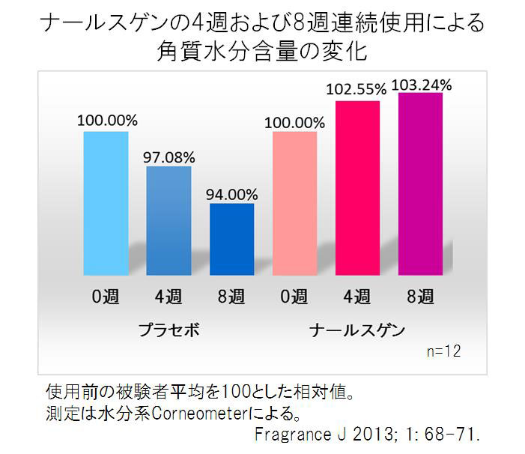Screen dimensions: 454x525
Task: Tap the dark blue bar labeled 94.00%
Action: (x=231, y=238)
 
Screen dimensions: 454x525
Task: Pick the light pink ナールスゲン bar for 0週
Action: (x=294, y=202)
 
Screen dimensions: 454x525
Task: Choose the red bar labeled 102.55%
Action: (x=357, y=187)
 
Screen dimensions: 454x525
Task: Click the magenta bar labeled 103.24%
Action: (x=420, y=184)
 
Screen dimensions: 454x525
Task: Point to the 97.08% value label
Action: (x=169, y=157)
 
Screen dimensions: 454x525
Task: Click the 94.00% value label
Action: (x=231, y=193)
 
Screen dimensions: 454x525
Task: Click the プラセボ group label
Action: (x=169, y=330)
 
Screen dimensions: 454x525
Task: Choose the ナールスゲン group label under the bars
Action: (x=357, y=330)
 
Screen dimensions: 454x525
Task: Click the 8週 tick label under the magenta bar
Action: (x=420, y=297)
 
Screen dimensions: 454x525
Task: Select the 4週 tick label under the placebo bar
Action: (x=169, y=297)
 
